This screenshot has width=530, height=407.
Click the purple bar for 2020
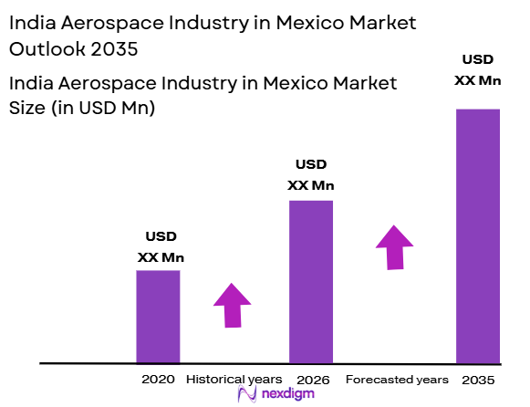[x=158, y=317]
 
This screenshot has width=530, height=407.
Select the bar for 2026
[x=311, y=281]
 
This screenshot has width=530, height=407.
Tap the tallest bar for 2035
[x=478, y=235]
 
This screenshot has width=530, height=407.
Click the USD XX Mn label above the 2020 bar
[x=159, y=246]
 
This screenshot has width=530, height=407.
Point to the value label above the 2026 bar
[x=311, y=175]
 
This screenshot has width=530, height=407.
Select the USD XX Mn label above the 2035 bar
[x=478, y=69]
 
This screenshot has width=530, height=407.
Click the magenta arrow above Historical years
[x=232, y=305]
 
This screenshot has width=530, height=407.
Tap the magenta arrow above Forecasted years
[x=394, y=246]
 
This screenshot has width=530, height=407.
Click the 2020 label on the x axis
[x=157, y=379]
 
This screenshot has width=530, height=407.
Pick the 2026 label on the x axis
[x=312, y=379]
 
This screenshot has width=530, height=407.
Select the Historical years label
[x=228, y=379]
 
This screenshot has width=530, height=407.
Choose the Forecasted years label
[x=397, y=379]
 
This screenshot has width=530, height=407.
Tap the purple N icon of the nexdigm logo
[x=245, y=394]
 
